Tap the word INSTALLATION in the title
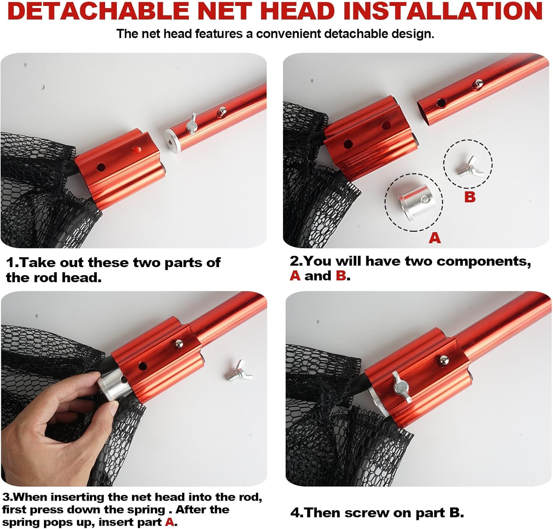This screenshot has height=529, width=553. pyautogui.click(x=443, y=11)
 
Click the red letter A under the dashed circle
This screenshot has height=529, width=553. pyautogui.click(x=435, y=238)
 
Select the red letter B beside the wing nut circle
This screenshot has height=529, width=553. pyautogui.click(x=470, y=197)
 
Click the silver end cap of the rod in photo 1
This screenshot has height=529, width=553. pyautogui.click(x=171, y=139)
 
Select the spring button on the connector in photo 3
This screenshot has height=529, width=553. pyautogui.click(x=179, y=344)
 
